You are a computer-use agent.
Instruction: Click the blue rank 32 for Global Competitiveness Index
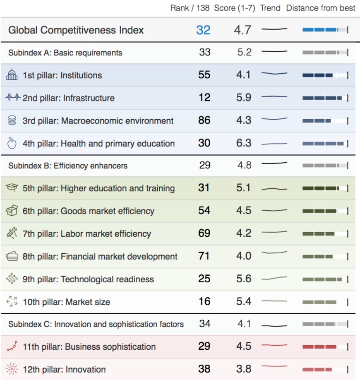point(203,30)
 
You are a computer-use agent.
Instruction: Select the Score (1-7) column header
point(235,8)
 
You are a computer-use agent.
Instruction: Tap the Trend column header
point(270,8)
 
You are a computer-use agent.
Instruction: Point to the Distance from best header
point(321,8)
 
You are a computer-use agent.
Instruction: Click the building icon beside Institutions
point(12,75)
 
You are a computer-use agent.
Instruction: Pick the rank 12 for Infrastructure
point(204,98)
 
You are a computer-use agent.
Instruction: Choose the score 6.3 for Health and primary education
point(244,143)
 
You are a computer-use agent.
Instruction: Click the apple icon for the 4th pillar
point(12,143)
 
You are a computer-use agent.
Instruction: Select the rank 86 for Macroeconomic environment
point(204,120)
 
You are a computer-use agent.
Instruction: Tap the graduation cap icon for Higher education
point(12,188)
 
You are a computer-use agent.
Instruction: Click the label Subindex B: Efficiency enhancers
point(68,166)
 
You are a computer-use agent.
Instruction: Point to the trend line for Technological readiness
point(274,278)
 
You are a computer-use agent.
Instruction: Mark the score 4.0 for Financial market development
point(244,256)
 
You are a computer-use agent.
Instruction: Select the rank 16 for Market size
point(204,301)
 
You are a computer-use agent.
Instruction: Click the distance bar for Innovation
point(325,369)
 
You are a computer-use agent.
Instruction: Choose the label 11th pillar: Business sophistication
point(89,346)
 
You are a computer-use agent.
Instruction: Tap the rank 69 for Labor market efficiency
point(204,233)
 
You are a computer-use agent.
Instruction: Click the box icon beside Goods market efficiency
point(12,211)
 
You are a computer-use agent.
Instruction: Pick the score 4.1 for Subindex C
point(244,323)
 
